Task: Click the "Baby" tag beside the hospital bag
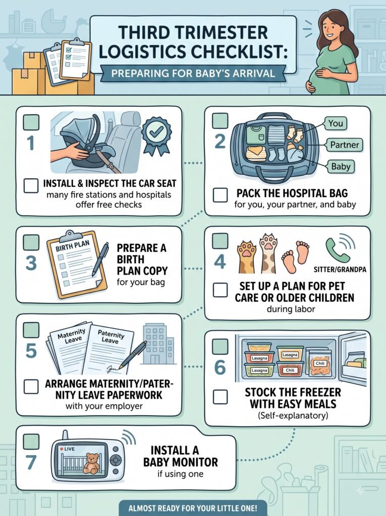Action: [x=341, y=166]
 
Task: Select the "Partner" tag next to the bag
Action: [x=345, y=145]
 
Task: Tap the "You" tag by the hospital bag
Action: [x=336, y=123]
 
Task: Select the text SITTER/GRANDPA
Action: [x=340, y=270]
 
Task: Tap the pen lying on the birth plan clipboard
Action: [x=100, y=260]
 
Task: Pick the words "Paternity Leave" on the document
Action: [x=111, y=337]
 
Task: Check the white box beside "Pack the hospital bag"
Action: [x=220, y=195]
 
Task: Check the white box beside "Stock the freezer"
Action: [x=220, y=397]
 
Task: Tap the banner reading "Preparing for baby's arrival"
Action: [x=193, y=73]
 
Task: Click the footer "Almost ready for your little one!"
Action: [x=193, y=508]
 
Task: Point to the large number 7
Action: [x=31, y=462]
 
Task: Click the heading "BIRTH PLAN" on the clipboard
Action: [x=73, y=246]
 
